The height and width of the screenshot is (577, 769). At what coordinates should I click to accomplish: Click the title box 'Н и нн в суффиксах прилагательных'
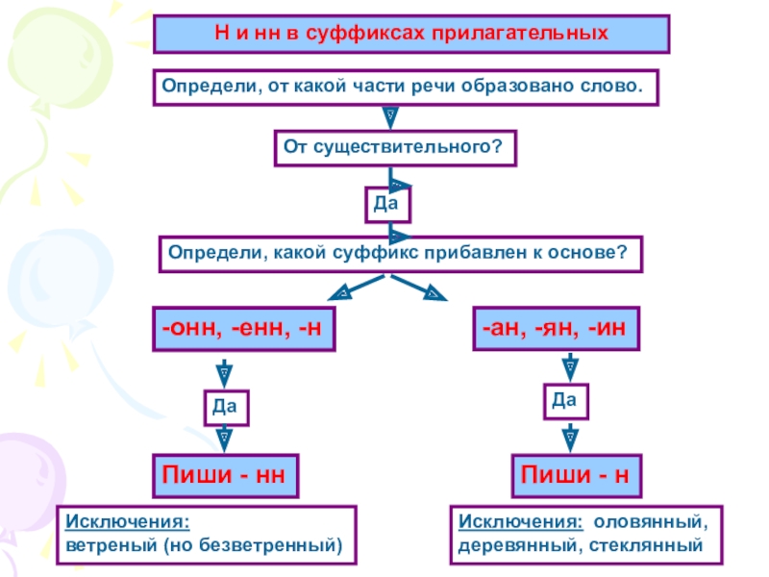coord(411,34)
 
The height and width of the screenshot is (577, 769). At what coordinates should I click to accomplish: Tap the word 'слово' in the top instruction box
coord(611,87)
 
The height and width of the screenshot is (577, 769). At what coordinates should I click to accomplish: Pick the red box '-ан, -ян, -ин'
coord(556,329)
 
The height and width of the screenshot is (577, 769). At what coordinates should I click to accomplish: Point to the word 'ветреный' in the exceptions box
coord(111,545)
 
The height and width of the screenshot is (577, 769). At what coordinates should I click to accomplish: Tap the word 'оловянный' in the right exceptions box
coord(651,523)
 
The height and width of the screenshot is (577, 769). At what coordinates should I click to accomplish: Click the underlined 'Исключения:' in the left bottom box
coord(127,523)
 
